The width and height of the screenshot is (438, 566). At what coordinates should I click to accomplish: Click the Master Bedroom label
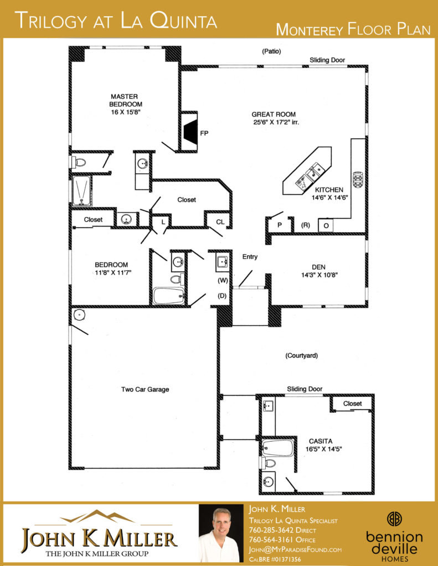pos(125,101)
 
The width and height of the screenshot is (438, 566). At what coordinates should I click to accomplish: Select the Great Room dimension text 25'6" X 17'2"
pos(276,122)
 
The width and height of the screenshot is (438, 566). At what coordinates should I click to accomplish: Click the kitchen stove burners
pos(358,180)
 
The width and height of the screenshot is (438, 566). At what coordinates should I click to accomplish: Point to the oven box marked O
pos(326,226)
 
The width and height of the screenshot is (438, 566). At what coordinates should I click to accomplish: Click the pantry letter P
pos(280,225)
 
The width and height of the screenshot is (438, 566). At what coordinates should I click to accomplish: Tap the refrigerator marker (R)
pos(306,225)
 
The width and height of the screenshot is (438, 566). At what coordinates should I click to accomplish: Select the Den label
pos(318,267)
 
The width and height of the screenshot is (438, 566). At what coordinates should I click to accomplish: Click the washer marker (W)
pos(223,280)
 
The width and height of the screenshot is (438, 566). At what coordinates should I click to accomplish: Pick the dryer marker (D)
pos(222,296)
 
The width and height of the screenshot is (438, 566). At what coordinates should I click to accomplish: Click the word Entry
pos(250,256)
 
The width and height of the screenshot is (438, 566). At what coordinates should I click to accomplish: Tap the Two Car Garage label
pos(145,389)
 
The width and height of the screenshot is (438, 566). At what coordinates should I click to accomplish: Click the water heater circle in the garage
pos(79,315)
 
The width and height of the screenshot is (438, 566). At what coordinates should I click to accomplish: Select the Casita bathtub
pos(277,448)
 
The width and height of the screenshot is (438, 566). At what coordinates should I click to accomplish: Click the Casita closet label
pos(352,403)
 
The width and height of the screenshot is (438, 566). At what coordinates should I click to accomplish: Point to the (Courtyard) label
pos(302,355)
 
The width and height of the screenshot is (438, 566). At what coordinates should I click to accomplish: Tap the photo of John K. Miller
pos(221,533)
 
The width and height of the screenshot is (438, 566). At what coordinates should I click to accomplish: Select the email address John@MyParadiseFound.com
pos(295,550)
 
